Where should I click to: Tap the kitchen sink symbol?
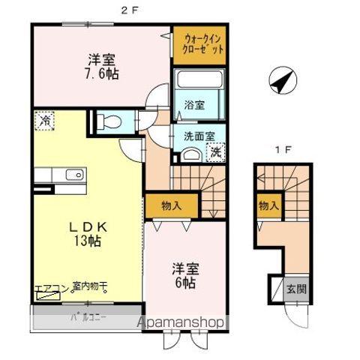point(74,175)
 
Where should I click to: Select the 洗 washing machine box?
point(214,153)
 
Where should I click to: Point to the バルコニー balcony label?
point(88,316)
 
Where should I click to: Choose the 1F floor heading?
point(282,149)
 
